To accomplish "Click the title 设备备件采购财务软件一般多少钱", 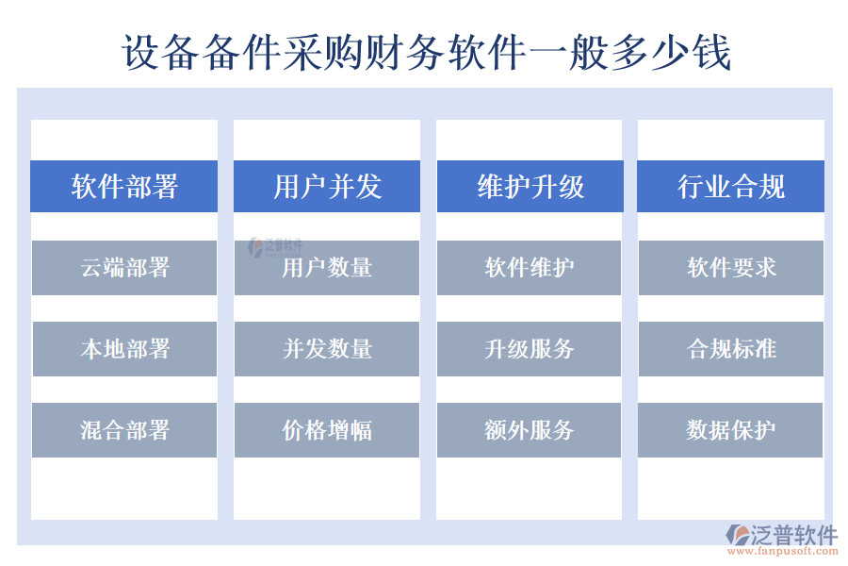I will point(426,53).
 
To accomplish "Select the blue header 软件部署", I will point(124,187).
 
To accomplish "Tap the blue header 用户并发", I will point(327,187).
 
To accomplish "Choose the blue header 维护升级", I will point(530,187).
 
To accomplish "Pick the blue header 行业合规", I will point(731,187).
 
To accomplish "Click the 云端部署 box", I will point(124,268).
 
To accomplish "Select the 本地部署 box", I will point(124,349).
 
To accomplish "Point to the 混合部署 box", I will point(124,430).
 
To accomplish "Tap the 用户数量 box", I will point(327,268).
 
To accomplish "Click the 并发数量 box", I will point(327,349).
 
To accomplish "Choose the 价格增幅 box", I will point(327,430).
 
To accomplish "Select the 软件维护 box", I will point(530,268).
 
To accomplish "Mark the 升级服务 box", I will point(530,349).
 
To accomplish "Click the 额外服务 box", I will point(530,430).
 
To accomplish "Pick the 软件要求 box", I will point(731,268).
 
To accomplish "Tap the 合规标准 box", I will point(731,349).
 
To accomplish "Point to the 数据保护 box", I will point(731,430).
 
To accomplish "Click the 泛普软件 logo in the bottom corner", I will point(781,535).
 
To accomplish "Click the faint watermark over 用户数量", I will point(274,247).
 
